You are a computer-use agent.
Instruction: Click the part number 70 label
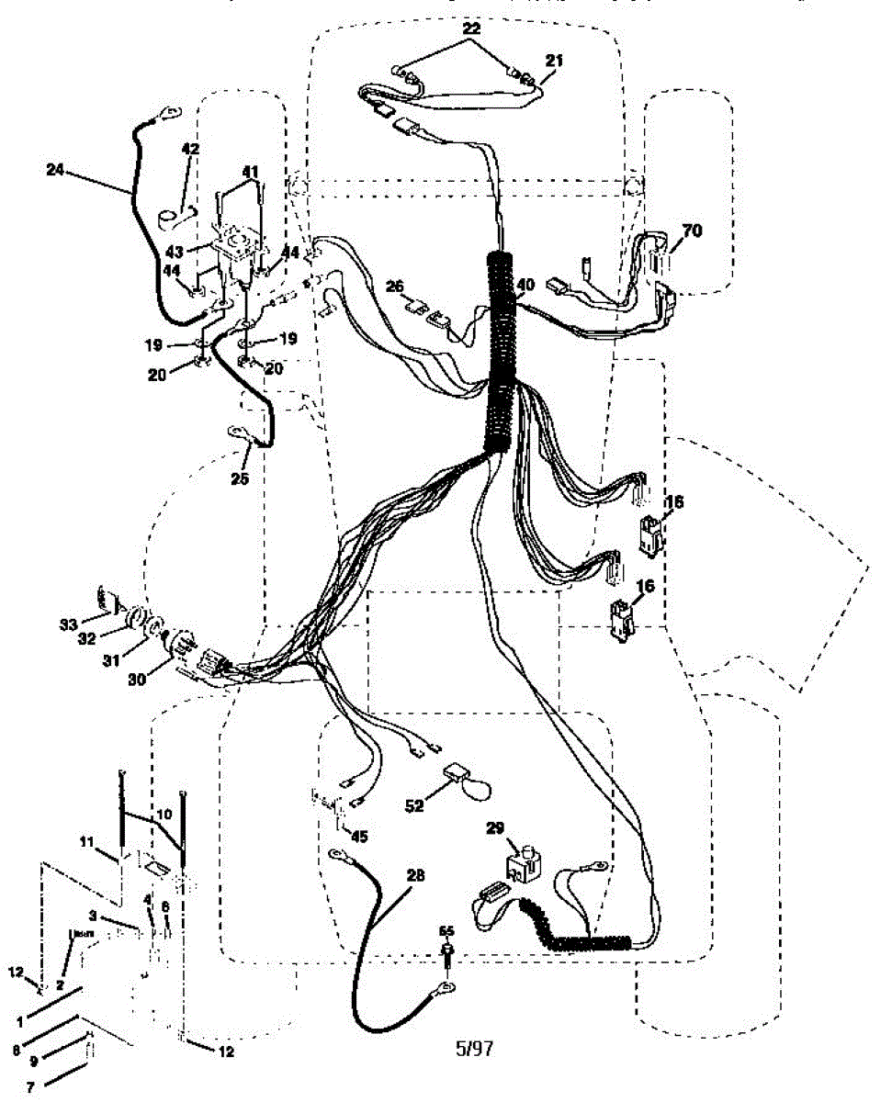(x=691, y=231)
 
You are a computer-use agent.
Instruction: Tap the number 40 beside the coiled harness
(x=524, y=285)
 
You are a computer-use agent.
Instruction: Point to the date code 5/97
(x=474, y=1048)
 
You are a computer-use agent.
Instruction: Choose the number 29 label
(x=495, y=829)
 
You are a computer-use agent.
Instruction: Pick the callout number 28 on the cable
(x=415, y=875)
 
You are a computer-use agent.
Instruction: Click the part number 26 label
(x=395, y=287)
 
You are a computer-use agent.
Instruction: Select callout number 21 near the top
(x=553, y=60)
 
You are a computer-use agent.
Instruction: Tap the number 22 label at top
(x=471, y=29)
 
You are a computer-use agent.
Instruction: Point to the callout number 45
(x=359, y=836)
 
